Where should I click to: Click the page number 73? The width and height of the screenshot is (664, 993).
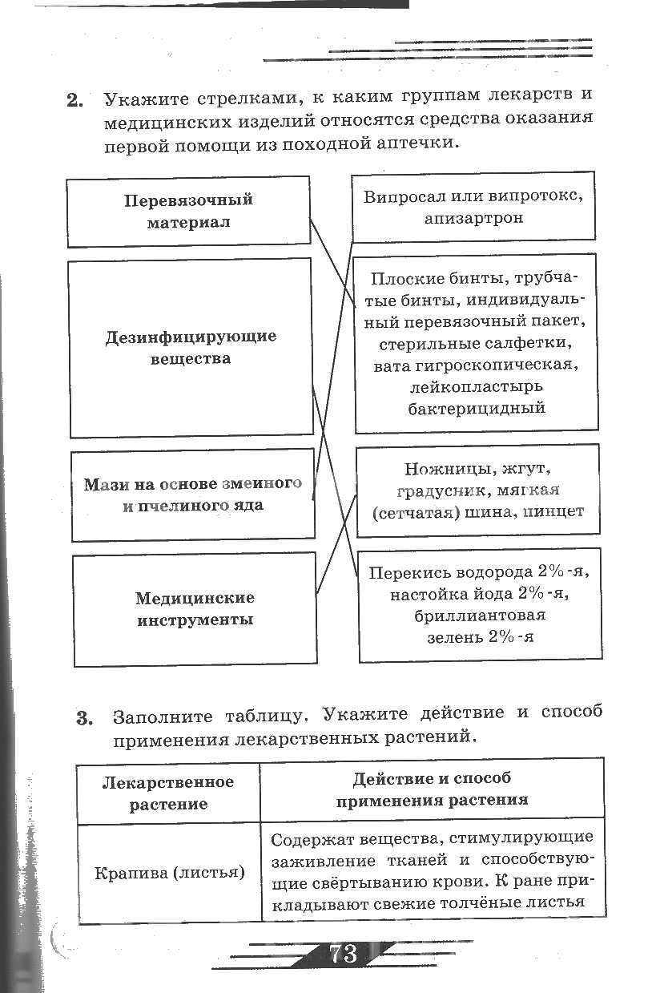point(342,955)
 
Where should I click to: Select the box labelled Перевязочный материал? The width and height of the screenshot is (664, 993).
point(188,210)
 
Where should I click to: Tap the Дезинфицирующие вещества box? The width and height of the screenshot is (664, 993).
point(191,347)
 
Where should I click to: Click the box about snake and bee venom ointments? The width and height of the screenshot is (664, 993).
point(193,494)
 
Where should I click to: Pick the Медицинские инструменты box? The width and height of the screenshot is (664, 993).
point(195,608)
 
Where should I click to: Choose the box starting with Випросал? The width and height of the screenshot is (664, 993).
point(473,207)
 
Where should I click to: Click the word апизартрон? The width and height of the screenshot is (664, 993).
point(475,218)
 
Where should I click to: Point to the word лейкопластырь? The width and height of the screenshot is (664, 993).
point(476,386)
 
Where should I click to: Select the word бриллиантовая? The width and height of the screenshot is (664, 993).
point(480,616)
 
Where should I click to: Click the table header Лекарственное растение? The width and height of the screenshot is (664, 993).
point(168,792)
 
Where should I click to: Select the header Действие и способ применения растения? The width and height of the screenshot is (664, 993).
point(432,789)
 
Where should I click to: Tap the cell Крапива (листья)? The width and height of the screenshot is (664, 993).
point(169,872)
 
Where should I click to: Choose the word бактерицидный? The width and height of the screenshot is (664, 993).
point(477,408)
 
